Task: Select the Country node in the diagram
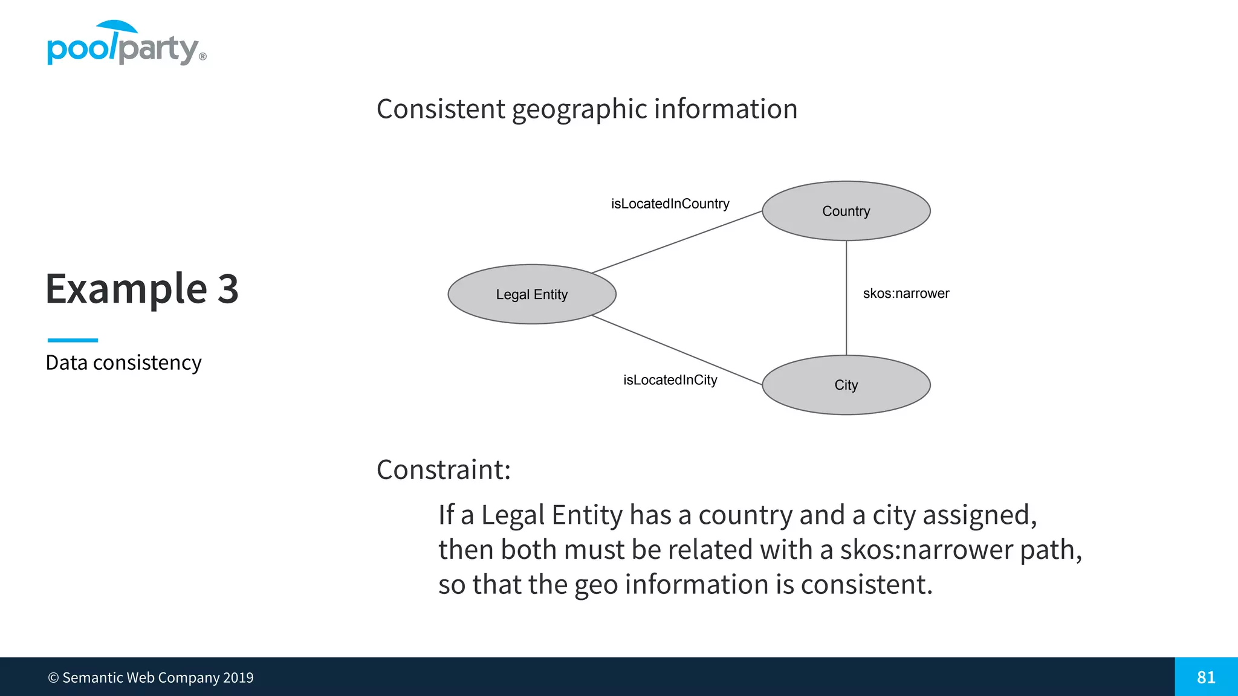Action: coord(846,211)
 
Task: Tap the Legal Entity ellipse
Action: coord(531,294)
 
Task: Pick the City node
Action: coord(846,385)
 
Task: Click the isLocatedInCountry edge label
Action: coord(670,204)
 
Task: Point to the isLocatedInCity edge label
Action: coord(670,380)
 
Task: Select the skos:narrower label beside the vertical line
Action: coord(906,294)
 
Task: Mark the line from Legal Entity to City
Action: coord(677,350)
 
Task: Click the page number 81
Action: coord(1206,677)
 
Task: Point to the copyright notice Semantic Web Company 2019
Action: coord(151,678)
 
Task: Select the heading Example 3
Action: coord(142,289)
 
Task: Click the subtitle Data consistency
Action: coord(123,362)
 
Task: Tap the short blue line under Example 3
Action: coord(73,340)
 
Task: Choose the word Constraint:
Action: coord(444,469)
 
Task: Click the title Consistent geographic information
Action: coord(587,109)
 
